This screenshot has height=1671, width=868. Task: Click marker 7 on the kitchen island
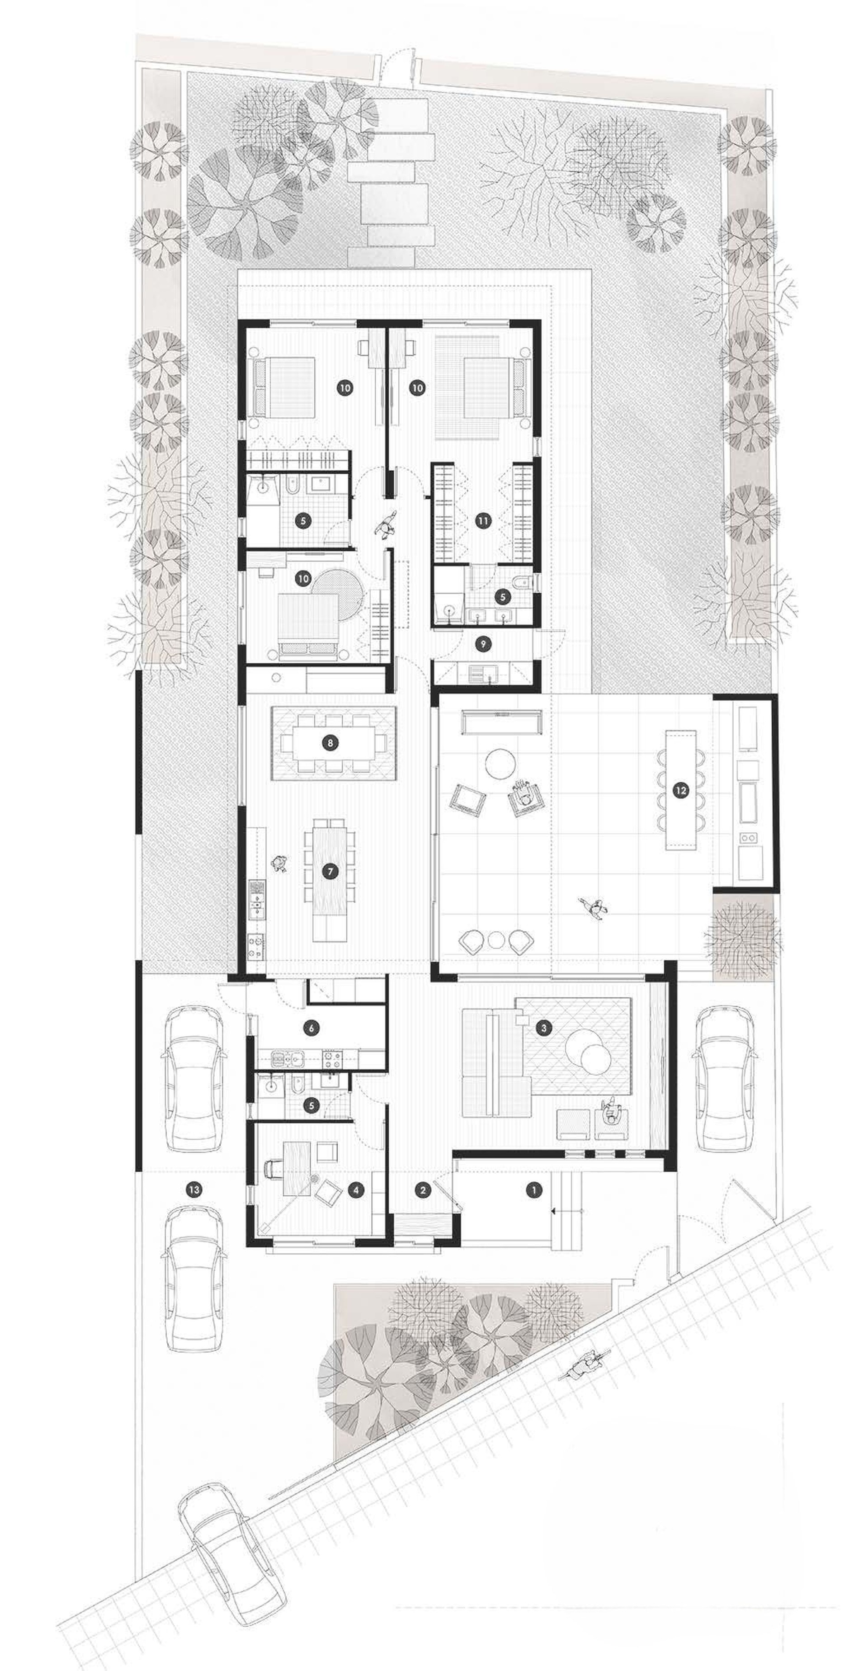coord(330,871)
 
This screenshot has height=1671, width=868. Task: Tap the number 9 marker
coord(481,643)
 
